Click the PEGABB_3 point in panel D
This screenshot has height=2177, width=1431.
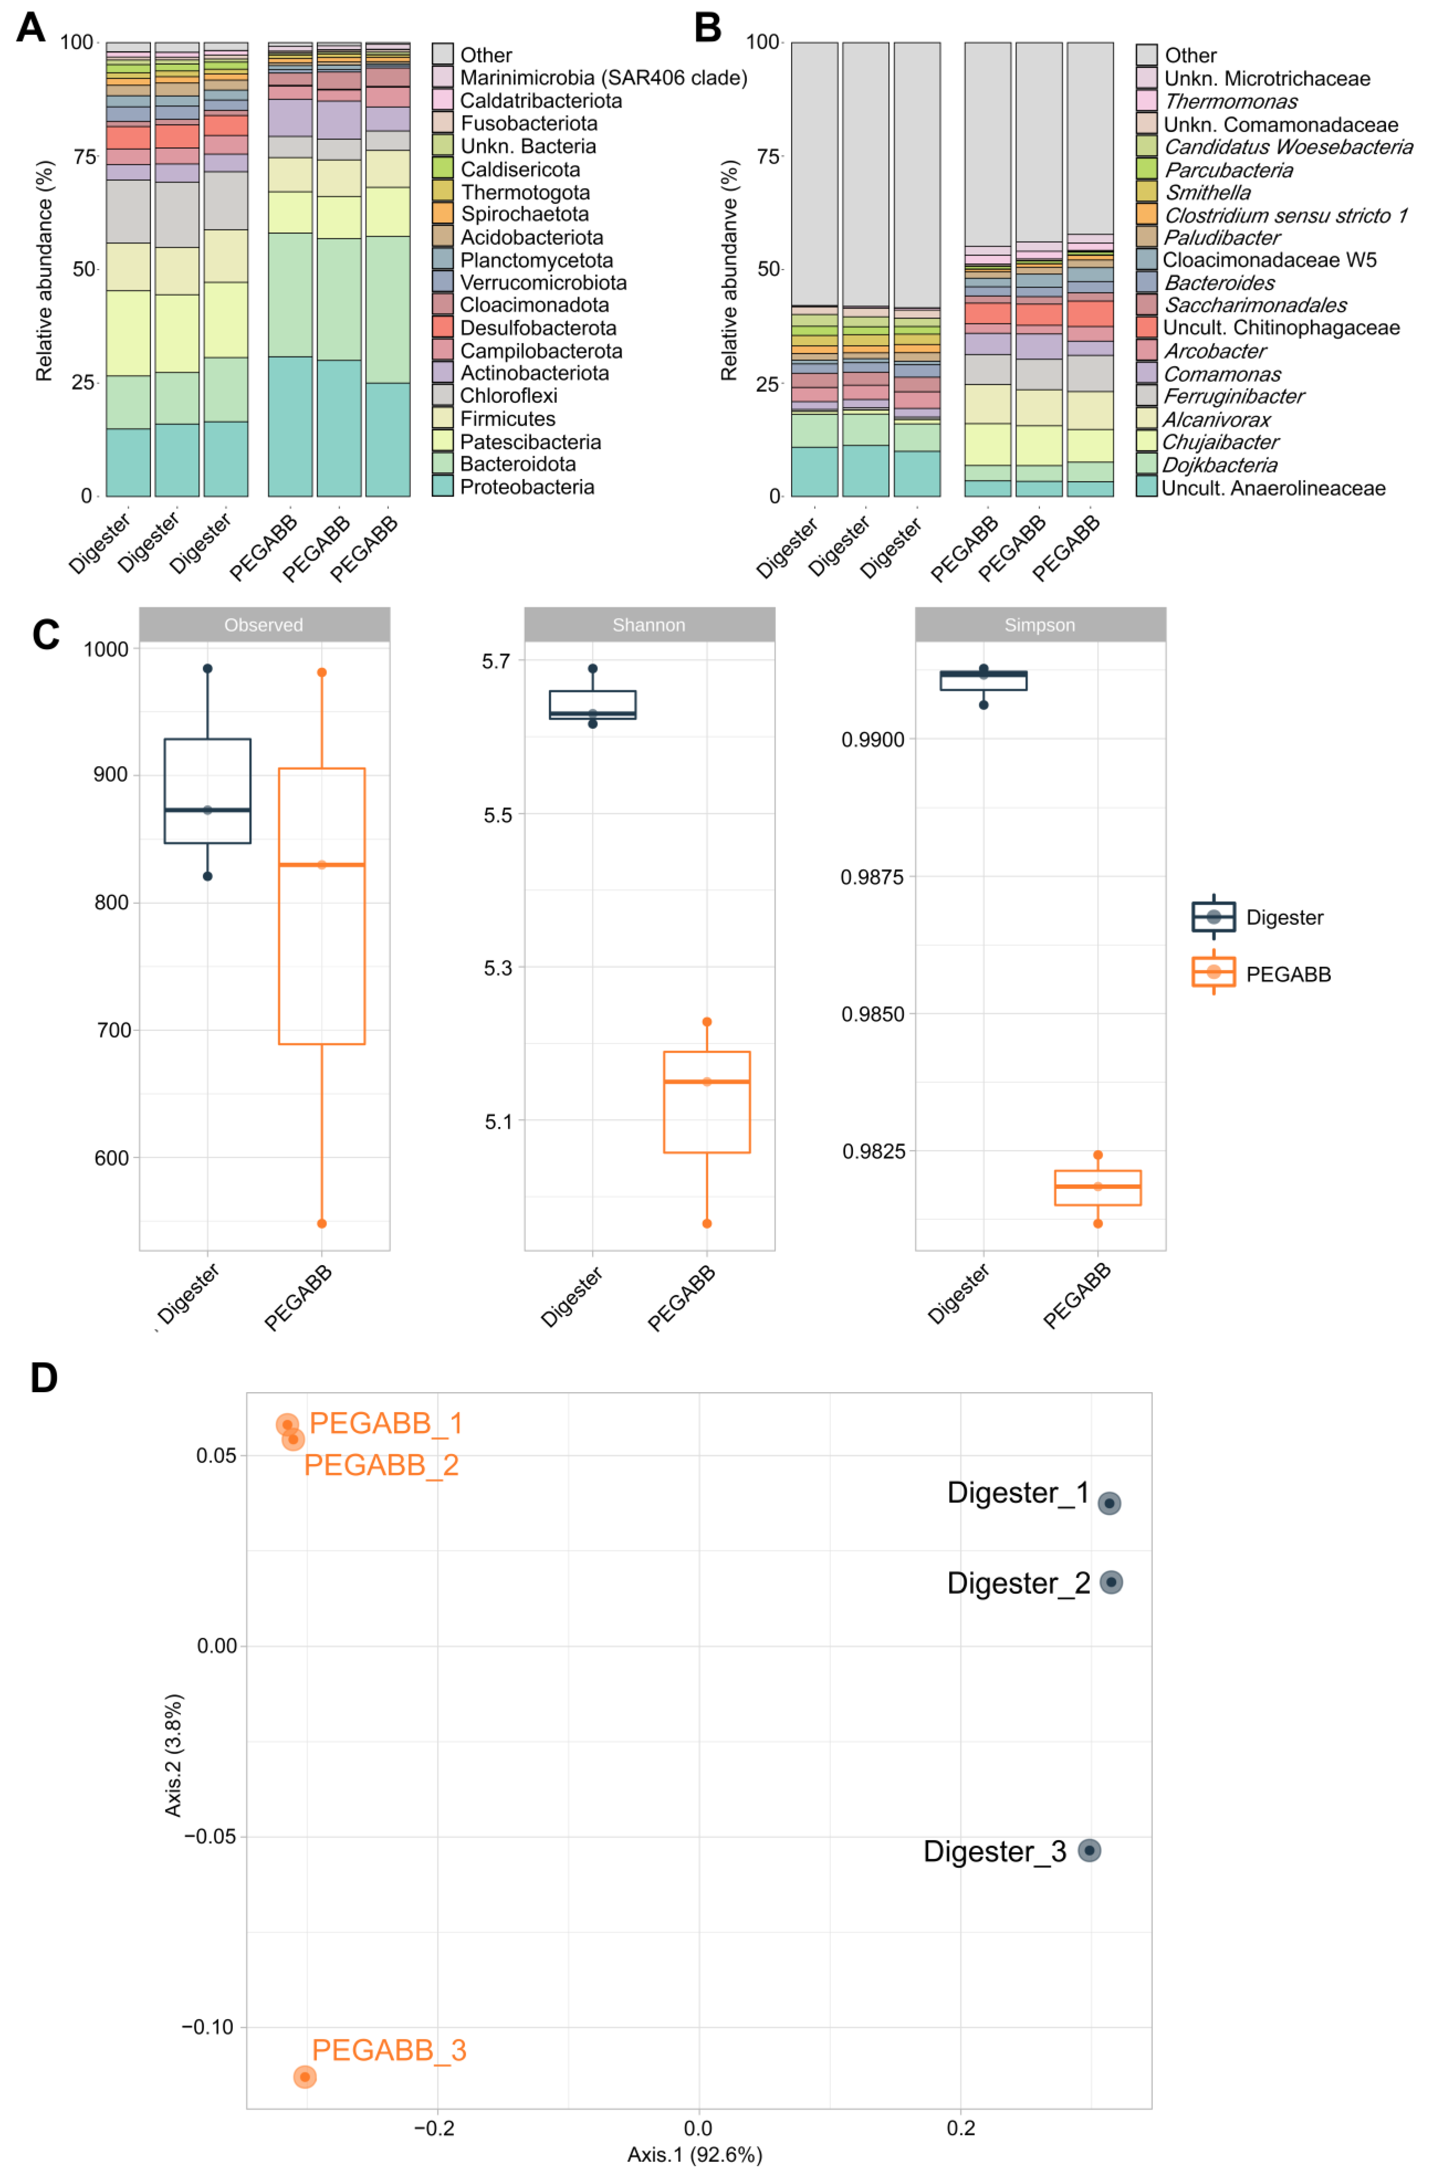[304, 2077]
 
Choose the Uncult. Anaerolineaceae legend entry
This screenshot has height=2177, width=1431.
[1273, 488]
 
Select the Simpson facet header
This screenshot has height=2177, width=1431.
[1040, 625]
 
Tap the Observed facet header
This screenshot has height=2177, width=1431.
[263, 625]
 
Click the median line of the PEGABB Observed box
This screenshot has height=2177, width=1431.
[322, 864]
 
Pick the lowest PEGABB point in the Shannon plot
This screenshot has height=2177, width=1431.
[707, 1224]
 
